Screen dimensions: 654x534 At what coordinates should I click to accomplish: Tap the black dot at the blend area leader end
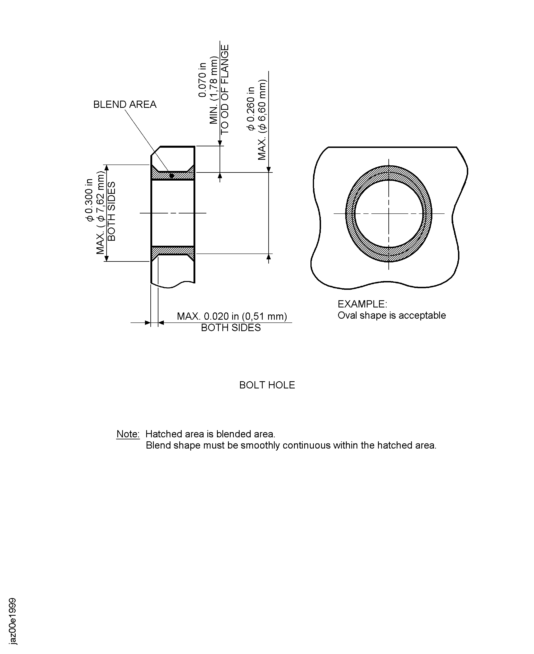coord(172,176)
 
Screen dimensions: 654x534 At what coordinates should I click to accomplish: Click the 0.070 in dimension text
coord(202,80)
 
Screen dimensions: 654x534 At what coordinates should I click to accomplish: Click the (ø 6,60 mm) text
coord(262,106)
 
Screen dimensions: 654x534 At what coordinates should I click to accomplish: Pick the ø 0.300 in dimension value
coord(89,200)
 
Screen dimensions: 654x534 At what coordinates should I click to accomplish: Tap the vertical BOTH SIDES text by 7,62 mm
coord(111,211)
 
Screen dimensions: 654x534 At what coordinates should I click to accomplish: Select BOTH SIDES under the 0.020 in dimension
coord(231,328)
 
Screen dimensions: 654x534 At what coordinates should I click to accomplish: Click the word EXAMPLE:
coord(362,304)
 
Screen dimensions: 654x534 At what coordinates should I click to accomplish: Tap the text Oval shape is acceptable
coord(392,315)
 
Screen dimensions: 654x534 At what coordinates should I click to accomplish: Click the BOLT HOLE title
coord(267,385)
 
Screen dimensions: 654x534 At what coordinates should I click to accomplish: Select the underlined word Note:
coord(128,434)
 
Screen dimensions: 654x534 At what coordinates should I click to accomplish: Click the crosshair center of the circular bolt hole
coord(389,213)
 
